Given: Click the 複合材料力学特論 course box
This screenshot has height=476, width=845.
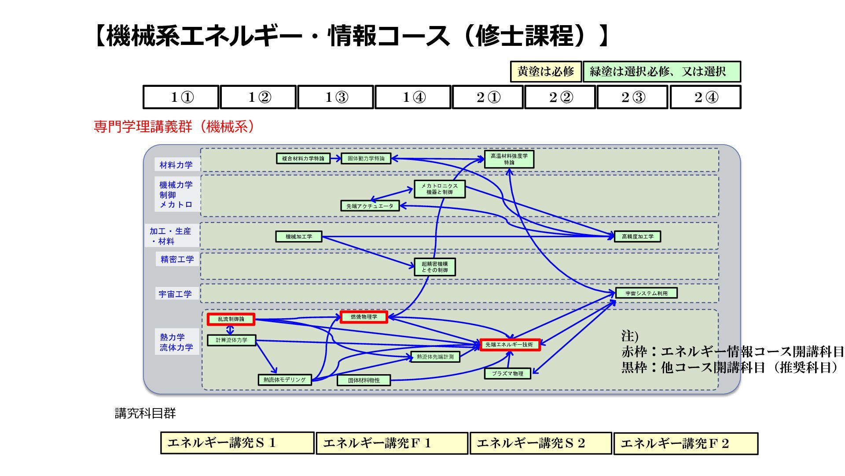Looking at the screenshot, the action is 303,159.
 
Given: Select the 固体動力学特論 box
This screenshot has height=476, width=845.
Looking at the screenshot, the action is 366,159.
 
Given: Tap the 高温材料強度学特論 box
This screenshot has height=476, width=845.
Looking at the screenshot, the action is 509,159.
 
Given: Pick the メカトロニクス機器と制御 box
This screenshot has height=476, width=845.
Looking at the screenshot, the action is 440,189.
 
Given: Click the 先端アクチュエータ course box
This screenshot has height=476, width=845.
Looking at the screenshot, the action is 370,206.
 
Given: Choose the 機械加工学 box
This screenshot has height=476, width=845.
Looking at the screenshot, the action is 299,237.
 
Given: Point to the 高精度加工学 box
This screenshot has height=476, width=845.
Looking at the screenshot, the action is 638,237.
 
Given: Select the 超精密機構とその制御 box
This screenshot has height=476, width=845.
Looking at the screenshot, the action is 435,267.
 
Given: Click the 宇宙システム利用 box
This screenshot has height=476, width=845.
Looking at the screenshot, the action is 647,293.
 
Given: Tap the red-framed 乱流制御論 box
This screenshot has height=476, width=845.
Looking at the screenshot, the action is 231,319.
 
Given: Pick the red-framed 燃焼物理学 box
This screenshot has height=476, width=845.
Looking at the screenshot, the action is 364,317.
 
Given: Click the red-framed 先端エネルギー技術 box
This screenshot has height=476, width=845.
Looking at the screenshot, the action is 509,345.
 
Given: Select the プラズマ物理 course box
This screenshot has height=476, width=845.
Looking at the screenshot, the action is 507,373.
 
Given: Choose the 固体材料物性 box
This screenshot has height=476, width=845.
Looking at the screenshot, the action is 364,380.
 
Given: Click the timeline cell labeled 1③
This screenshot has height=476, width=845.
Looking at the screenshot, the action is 336,97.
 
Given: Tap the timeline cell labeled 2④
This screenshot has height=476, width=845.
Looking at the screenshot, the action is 705,97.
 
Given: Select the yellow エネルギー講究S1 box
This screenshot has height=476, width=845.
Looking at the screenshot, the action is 237,443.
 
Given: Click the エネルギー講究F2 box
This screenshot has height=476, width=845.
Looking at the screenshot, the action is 686,443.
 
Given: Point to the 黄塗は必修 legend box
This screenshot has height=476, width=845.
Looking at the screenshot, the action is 546,71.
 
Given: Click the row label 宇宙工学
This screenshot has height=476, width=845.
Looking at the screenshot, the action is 176,294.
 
